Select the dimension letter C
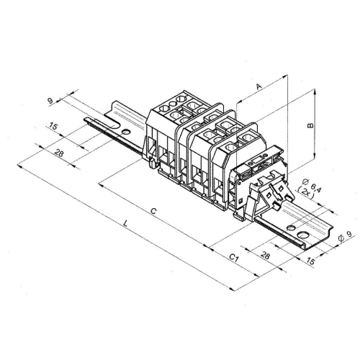153,210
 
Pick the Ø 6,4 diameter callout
306,184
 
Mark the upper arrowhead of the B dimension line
315,92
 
